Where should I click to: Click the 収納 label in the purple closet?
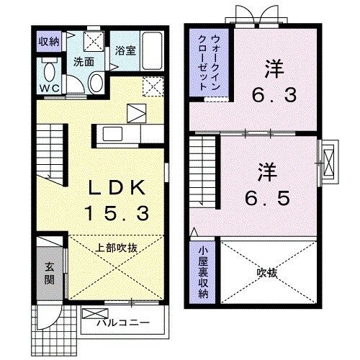pos(48,41)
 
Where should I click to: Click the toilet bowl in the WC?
pos(50,73)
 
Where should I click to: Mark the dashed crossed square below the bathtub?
pos(152,87)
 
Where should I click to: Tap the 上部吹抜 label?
pos(117,247)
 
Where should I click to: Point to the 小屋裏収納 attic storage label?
pos(203,271)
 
